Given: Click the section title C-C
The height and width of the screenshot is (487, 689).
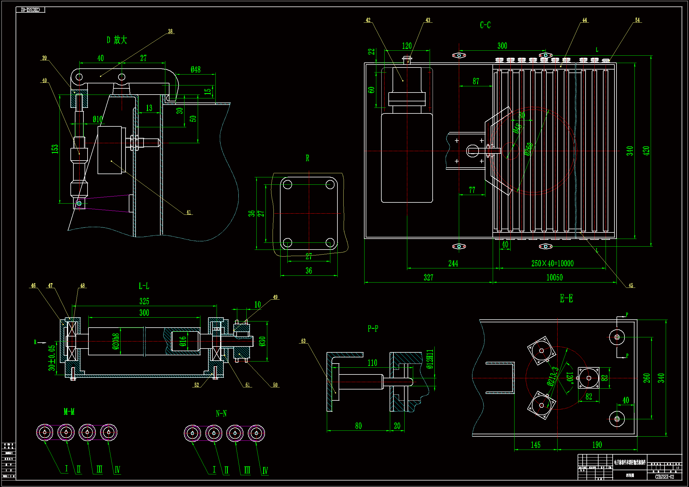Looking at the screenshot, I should click(485, 25).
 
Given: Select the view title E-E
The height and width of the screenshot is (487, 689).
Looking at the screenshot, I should click(566, 298).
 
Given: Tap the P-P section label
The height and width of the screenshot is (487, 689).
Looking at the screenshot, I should click(373, 328).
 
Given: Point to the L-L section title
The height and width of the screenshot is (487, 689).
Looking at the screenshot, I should click(144, 286).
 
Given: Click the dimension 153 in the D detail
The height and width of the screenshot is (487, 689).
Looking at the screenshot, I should click(55, 149).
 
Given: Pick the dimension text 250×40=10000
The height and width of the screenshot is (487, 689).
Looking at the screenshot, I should click(552, 263).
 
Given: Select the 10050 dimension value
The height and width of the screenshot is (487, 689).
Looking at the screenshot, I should click(554, 278).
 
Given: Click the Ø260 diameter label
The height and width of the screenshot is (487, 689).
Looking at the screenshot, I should click(528, 149).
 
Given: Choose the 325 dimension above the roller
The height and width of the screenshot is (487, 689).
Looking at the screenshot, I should click(144, 301).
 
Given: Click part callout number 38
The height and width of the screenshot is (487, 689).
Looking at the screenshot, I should click(170, 31).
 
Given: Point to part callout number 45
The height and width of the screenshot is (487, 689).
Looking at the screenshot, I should click(631, 285).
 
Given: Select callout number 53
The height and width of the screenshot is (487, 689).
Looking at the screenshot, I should click(303, 341).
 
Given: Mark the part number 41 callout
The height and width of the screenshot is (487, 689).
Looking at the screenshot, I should click(188, 212).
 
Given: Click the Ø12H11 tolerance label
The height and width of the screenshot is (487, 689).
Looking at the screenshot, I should click(430, 359).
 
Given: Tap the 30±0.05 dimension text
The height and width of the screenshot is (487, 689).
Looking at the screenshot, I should click(52, 358).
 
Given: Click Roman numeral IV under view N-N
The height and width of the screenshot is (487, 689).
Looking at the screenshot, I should click(265, 471).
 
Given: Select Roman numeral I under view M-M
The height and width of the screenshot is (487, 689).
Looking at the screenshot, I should click(66, 468).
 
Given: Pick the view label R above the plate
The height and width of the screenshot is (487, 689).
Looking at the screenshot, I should click(307, 158).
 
